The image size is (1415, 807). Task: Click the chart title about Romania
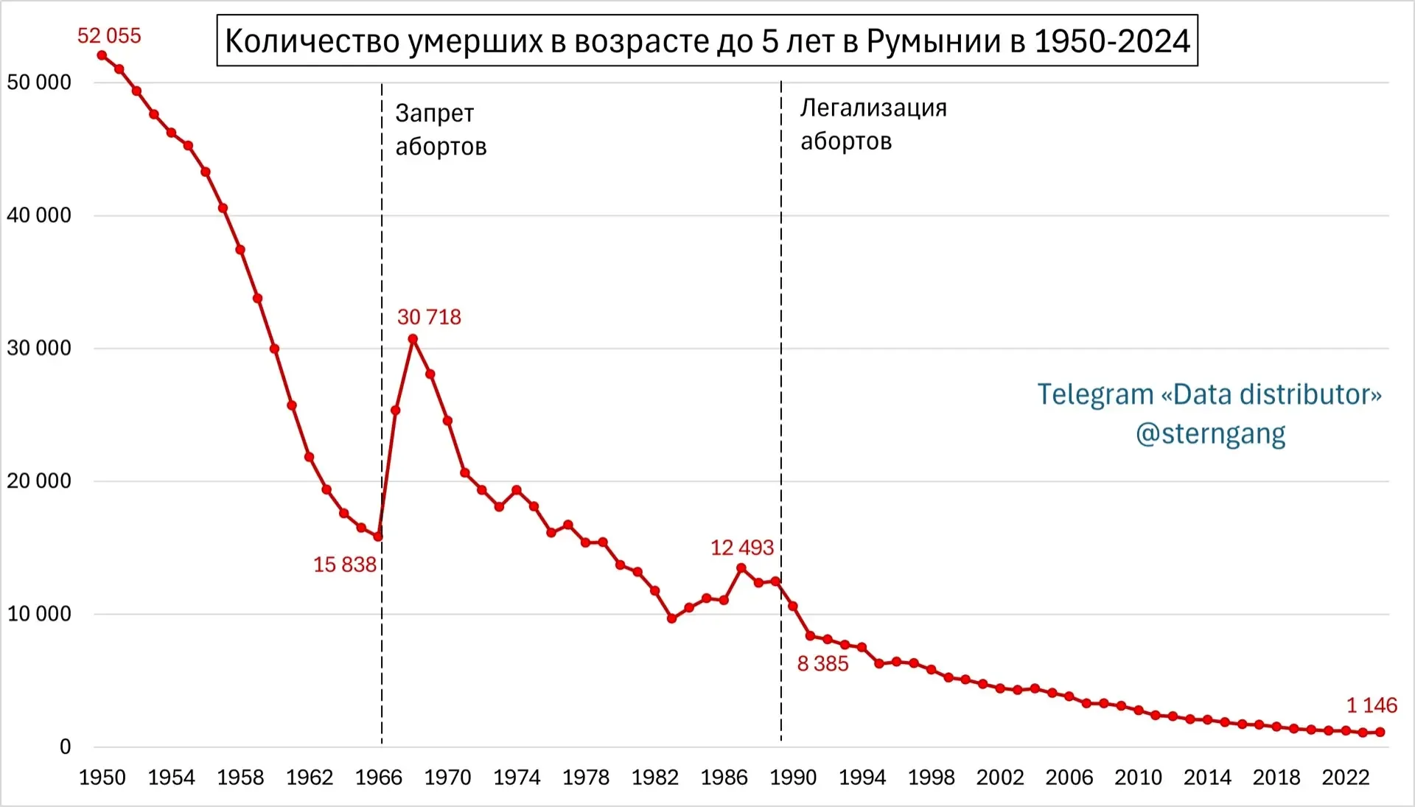(707, 41)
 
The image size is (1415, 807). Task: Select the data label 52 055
(109, 35)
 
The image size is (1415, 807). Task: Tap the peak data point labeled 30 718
(413, 339)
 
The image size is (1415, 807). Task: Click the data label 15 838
(344, 565)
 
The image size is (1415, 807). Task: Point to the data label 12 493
(741, 548)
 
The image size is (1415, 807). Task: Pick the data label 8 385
(822, 663)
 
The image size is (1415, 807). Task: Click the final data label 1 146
(1372, 705)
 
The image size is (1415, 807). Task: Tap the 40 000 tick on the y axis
(39, 215)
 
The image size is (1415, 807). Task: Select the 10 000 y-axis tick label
(39, 614)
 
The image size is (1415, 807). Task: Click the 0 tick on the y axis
(65, 747)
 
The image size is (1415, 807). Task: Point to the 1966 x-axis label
(379, 778)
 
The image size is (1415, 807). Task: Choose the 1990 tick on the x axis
(793, 778)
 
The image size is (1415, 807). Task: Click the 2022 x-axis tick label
(1346, 778)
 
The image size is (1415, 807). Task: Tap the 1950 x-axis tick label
(102, 778)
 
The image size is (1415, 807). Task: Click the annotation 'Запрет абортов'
(441, 130)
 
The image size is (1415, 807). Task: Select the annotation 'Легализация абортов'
(873, 124)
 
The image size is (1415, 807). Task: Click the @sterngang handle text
(1210, 433)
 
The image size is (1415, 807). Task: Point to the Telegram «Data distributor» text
(1209, 394)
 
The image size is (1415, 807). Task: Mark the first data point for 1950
(102, 55)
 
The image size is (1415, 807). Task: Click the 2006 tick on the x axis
(1069, 778)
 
